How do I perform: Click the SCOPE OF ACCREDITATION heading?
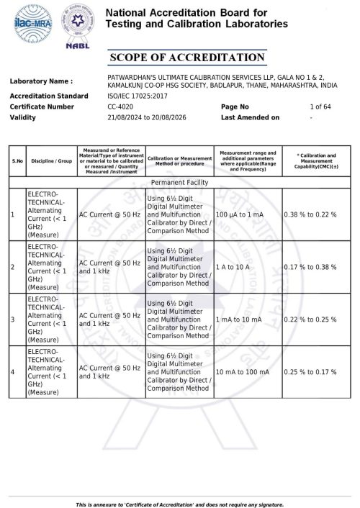[x=186, y=58]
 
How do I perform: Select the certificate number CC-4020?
[x=120, y=106]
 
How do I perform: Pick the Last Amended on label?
[x=250, y=117]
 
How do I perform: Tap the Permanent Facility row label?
[x=181, y=183]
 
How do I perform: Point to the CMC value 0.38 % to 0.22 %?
[x=310, y=215]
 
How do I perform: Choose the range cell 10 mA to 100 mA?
[x=242, y=371]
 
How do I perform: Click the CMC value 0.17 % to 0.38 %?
[x=310, y=267]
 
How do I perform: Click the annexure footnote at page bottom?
[x=180, y=504]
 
